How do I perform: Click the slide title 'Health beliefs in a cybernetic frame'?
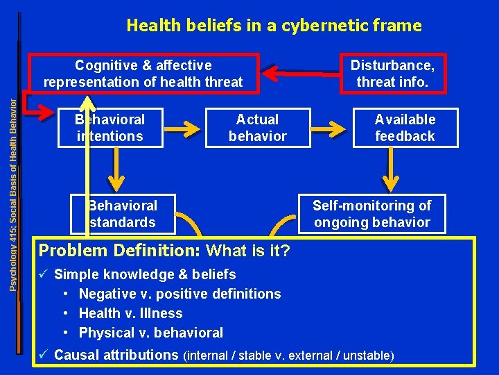[274, 26]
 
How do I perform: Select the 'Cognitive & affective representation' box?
[143, 74]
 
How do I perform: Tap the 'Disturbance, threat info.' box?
[392, 74]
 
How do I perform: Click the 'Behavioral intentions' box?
[110, 128]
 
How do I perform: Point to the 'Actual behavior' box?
[257, 128]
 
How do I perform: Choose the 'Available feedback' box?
[405, 128]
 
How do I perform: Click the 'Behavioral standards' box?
[122, 214]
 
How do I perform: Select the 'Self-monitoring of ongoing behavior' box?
[371, 214]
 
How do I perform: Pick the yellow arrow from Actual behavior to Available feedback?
[331, 128]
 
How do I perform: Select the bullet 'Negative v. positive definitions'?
[180, 294]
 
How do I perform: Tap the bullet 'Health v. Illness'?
[130, 313]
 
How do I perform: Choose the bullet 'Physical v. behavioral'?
[150, 333]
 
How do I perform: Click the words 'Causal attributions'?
[116, 355]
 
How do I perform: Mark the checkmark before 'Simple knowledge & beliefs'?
[44, 274]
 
